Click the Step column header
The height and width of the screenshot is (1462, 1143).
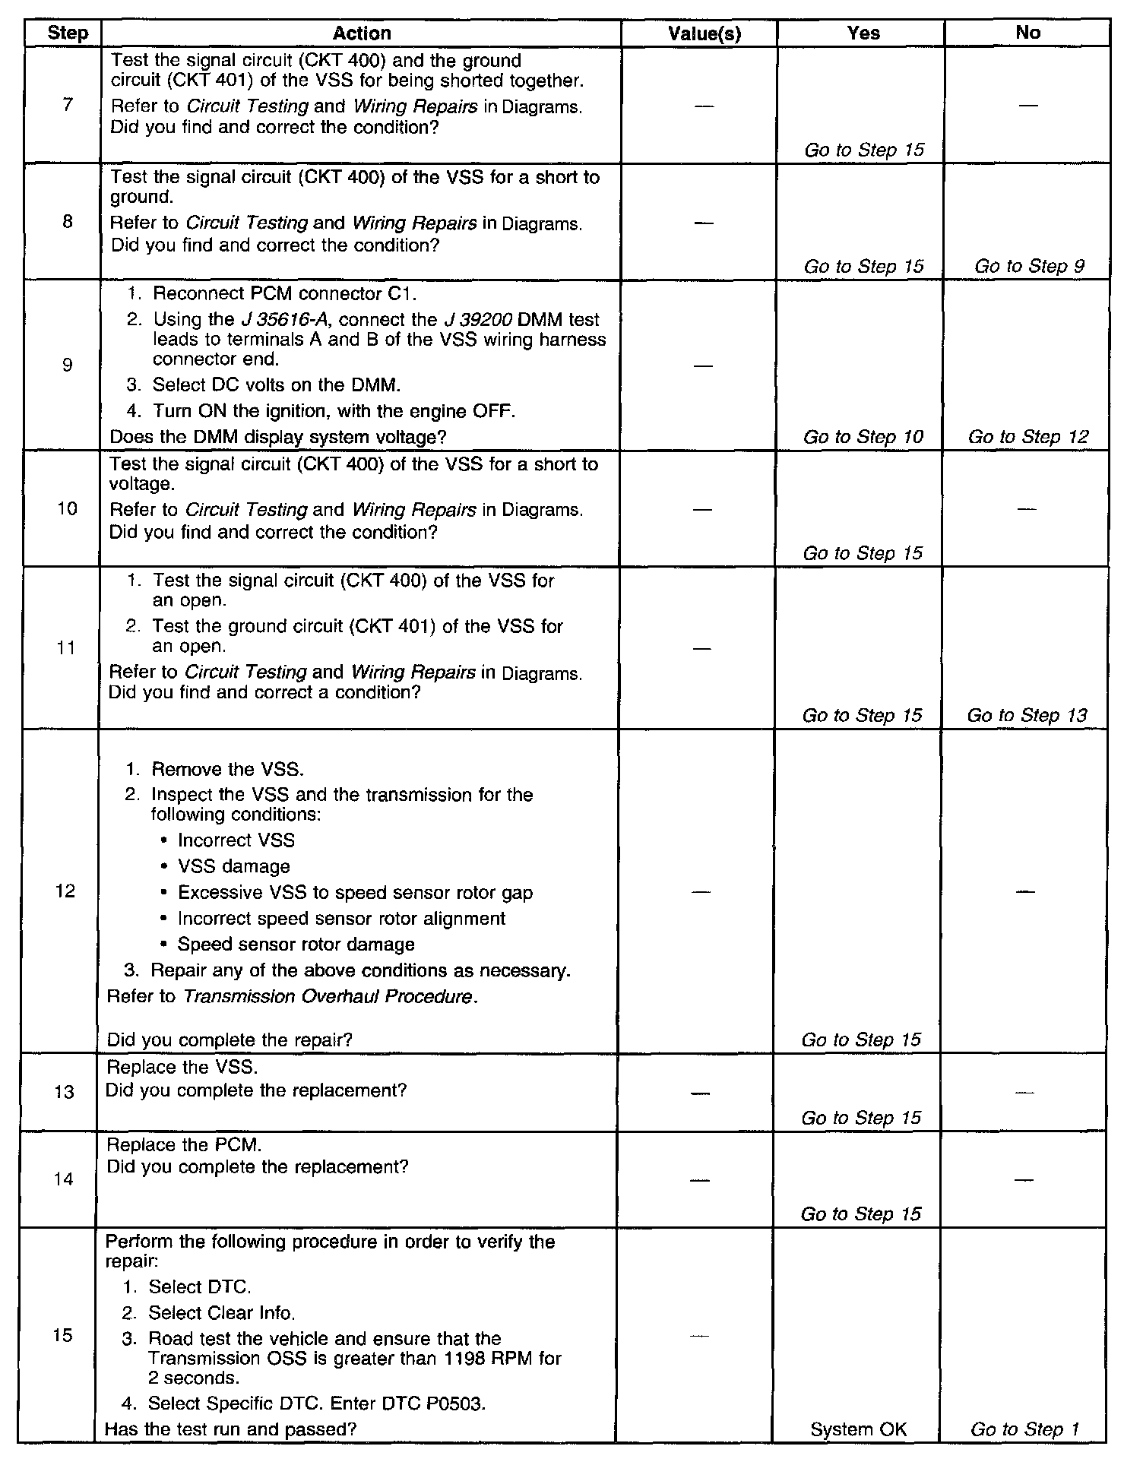(68, 33)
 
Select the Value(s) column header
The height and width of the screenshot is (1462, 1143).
(704, 33)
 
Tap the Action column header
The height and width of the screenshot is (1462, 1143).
(362, 33)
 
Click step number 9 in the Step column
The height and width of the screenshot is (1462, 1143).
(67, 365)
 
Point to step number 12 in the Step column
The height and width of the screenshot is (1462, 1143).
(65, 891)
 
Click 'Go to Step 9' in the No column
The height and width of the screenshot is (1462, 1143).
(1029, 266)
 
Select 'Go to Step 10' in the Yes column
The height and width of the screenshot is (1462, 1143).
(863, 437)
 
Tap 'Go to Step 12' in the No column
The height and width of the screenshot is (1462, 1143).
(1028, 437)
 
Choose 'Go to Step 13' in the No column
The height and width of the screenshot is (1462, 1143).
(1027, 715)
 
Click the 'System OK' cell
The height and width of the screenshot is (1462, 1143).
(859, 1429)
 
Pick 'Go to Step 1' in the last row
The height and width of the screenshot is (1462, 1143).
(1024, 1429)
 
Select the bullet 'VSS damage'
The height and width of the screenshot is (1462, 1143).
(233, 866)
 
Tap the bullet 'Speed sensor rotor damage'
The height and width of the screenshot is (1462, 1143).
(296, 945)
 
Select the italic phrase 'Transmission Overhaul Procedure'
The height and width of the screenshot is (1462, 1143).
(328, 996)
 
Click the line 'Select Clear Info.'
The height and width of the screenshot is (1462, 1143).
(221, 1313)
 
